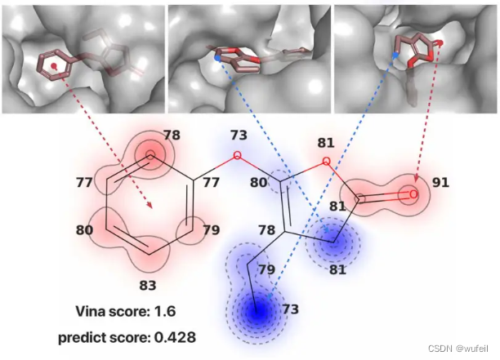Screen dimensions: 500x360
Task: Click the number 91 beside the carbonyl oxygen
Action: click(441, 184)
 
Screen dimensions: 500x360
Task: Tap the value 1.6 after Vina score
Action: click(165, 311)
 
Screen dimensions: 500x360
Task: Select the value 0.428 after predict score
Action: click(176, 336)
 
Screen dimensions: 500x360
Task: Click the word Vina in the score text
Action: click(92, 311)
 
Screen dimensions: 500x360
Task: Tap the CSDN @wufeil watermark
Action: click(458, 348)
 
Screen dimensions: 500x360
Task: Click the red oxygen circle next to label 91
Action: click(414, 194)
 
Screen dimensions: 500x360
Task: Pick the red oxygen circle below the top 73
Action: click(238, 154)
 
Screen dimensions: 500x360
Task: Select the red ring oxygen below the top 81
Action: click(326, 161)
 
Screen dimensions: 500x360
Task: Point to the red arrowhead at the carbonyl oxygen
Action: click(415, 183)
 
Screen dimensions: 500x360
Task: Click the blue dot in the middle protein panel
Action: click(217, 59)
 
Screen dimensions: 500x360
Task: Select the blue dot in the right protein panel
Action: click(396, 56)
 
